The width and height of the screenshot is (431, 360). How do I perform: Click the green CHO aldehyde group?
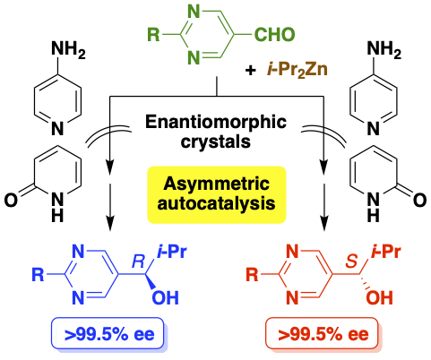point(274,34)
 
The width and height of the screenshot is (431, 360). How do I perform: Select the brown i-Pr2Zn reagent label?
point(297,70)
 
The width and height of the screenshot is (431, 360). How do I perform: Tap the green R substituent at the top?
point(154,34)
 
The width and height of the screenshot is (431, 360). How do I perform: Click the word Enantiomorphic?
point(216,123)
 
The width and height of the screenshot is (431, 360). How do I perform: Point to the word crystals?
point(216,141)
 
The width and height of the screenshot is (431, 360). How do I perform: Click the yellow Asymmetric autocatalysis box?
point(217,194)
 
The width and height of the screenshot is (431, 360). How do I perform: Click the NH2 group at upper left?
point(68,48)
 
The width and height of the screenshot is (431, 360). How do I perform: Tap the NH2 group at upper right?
point(384,48)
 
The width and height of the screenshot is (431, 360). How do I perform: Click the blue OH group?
point(166,298)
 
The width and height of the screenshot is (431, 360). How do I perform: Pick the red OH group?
point(380,298)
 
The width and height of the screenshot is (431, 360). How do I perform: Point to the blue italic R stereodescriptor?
point(139,261)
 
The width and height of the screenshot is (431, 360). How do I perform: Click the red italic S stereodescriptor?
point(352,261)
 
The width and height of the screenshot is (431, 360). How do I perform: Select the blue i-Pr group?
point(172,253)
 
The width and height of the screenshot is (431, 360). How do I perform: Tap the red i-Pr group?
point(385,253)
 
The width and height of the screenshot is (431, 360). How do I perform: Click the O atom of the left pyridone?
point(12,201)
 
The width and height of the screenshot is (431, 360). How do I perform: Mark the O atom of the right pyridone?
point(419,201)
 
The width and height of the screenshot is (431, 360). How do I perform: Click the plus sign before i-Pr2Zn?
point(250,71)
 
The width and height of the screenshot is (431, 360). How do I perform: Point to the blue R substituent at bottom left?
point(38,275)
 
